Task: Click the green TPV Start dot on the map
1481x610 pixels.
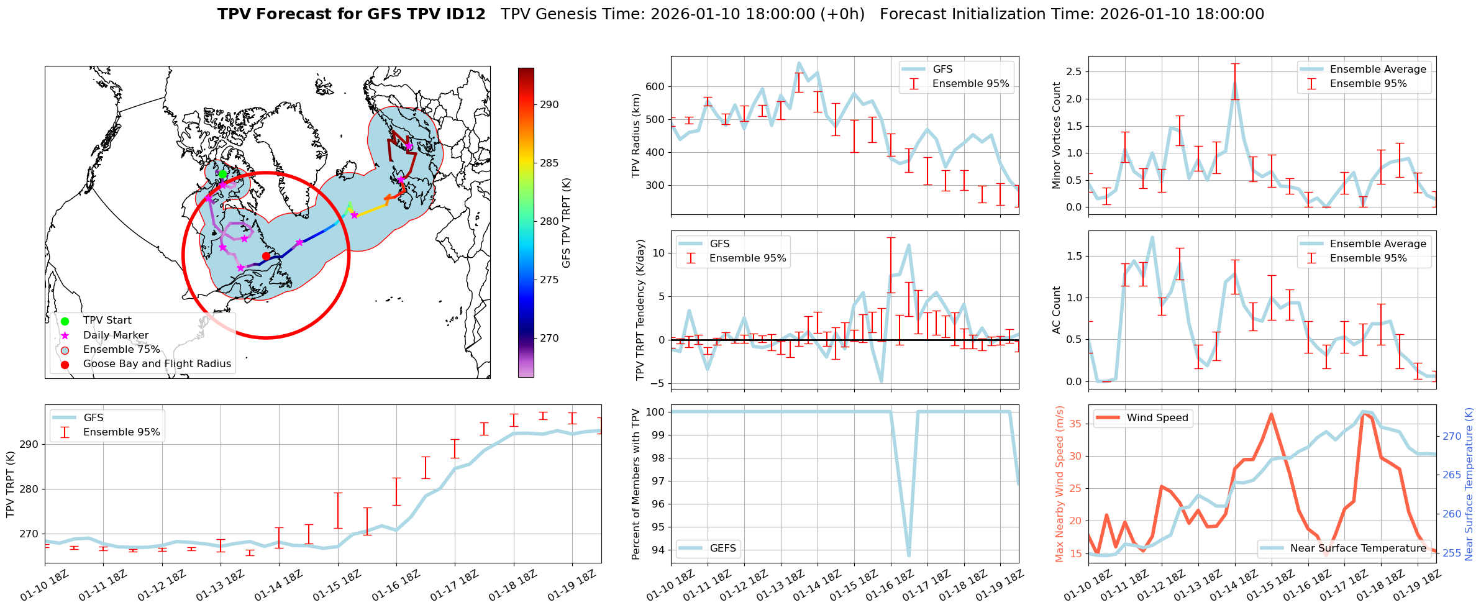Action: (222, 174)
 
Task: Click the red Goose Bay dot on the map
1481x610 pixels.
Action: (266, 256)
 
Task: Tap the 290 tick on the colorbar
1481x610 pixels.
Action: (549, 104)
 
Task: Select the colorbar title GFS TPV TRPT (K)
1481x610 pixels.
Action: (566, 223)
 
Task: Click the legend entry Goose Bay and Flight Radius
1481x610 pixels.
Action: (157, 364)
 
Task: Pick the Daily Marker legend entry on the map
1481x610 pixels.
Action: (116, 335)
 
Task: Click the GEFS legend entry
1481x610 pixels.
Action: (722, 548)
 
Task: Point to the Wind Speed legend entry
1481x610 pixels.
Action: (1157, 418)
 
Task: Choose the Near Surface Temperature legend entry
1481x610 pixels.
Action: (1358, 548)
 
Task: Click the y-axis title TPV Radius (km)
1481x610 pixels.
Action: (636, 135)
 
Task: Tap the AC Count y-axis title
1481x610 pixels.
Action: (1057, 310)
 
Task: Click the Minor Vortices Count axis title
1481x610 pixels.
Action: (1057, 135)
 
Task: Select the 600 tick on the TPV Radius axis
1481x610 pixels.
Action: (657, 86)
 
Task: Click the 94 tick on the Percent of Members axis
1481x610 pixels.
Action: (658, 550)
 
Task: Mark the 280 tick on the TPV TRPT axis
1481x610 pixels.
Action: (30, 489)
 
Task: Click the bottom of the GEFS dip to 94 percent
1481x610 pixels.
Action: (909, 555)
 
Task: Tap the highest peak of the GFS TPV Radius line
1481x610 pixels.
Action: (799, 63)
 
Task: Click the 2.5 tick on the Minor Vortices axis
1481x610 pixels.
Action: (1074, 71)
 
